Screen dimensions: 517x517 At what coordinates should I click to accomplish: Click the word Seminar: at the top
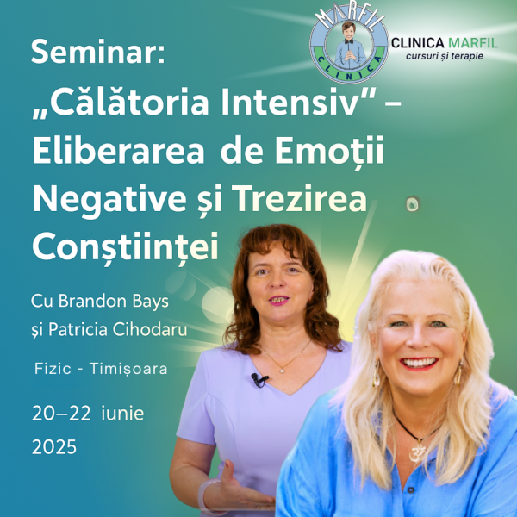click(98, 52)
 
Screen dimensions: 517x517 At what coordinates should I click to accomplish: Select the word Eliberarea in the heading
click(119, 150)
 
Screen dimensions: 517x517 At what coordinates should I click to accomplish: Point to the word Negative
click(109, 199)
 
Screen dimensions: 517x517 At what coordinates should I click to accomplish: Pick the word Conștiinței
click(125, 247)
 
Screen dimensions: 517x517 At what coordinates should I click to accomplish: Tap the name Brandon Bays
click(114, 302)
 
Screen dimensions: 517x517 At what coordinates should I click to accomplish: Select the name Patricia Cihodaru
click(118, 329)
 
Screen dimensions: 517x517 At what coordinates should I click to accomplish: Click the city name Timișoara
click(128, 369)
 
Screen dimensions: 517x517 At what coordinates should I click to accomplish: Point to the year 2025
click(54, 446)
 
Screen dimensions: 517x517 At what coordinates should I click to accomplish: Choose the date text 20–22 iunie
click(88, 414)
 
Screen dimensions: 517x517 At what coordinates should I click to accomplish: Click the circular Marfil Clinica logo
click(349, 47)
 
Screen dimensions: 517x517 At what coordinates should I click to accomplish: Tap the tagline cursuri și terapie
click(445, 56)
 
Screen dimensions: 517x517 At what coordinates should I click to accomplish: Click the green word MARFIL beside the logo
click(473, 43)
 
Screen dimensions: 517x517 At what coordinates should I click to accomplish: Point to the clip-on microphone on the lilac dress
click(260, 380)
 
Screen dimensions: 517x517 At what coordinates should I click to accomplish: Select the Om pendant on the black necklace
click(416, 452)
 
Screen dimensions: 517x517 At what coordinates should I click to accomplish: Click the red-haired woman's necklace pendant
click(283, 371)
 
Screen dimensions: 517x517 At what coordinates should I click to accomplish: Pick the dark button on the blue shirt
click(410, 490)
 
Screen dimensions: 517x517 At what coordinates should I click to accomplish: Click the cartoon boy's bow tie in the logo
click(349, 41)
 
